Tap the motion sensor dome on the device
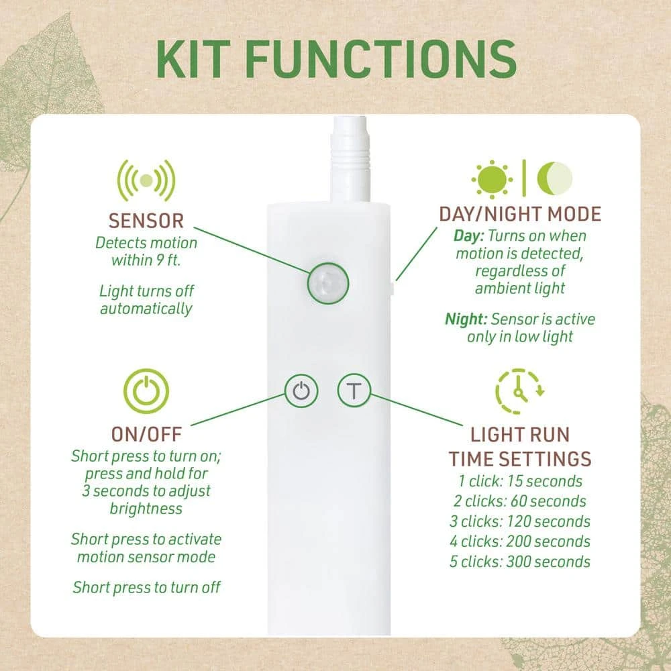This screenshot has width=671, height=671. click(x=328, y=283)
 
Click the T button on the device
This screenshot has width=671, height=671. click(x=354, y=391)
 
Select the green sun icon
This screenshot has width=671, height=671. click(x=492, y=179)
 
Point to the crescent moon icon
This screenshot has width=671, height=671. click(x=555, y=178)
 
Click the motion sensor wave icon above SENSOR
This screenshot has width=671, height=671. click(x=146, y=180)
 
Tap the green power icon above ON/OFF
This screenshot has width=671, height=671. click(x=146, y=391)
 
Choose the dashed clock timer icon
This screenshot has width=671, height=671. click(x=519, y=391)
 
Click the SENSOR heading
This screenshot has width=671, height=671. click(x=146, y=221)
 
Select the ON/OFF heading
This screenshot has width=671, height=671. click(x=146, y=434)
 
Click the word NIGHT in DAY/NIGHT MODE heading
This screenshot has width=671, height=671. click(x=514, y=214)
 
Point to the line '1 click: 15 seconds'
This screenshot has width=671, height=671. click(x=520, y=481)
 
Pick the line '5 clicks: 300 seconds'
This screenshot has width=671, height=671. click(x=520, y=562)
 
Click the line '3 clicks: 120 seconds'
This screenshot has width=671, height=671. click(x=520, y=521)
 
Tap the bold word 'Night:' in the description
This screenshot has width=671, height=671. click(x=466, y=319)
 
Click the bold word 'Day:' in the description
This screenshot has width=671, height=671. click(x=468, y=236)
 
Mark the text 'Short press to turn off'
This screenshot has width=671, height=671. click(x=146, y=588)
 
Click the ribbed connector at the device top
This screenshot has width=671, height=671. click(x=350, y=158)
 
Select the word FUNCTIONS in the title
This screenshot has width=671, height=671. click(x=381, y=59)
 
